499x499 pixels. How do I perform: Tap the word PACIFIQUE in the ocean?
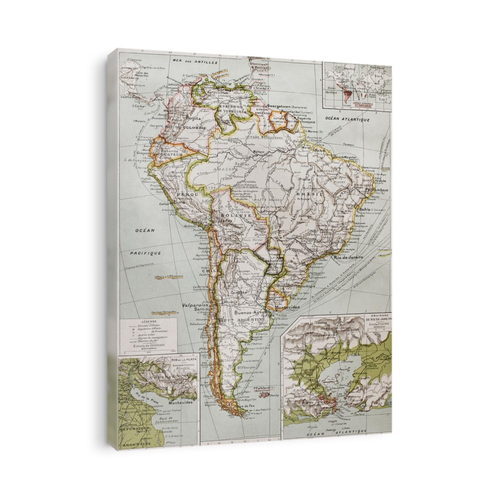[x=146, y=253]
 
